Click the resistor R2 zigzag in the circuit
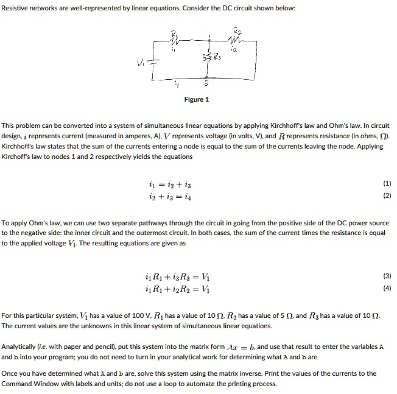tap(236, 40)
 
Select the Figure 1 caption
tap(197, 99)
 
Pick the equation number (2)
tap(387, 195)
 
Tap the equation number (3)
tap(387, 276)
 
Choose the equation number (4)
tap(387, 288)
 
